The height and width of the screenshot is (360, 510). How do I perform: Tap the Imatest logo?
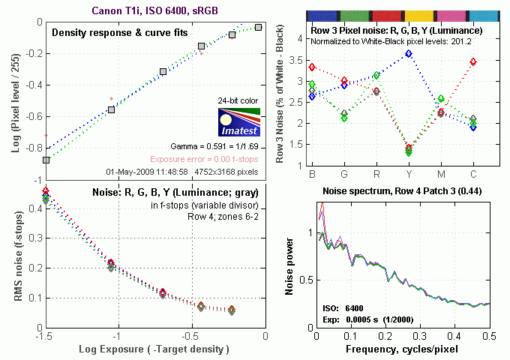238,124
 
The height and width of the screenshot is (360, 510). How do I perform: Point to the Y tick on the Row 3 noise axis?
408,175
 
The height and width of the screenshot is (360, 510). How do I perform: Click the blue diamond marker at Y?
409,54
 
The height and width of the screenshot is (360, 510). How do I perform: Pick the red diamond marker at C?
472,61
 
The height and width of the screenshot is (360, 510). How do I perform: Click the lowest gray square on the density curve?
46,160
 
